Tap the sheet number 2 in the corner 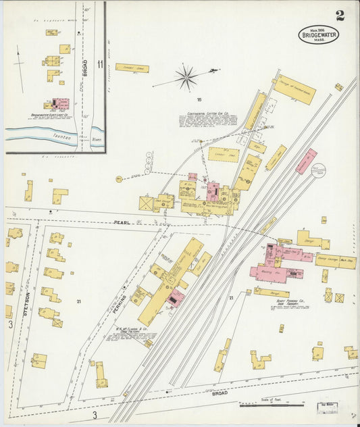(340, 16)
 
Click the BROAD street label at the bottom (220, 392)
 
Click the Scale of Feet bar (271, 405)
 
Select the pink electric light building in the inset (61, 104)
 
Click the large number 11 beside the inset (100, 65)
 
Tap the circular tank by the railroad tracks (318, 172)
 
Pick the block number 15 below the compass (199, 99)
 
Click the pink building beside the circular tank (305, 161)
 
